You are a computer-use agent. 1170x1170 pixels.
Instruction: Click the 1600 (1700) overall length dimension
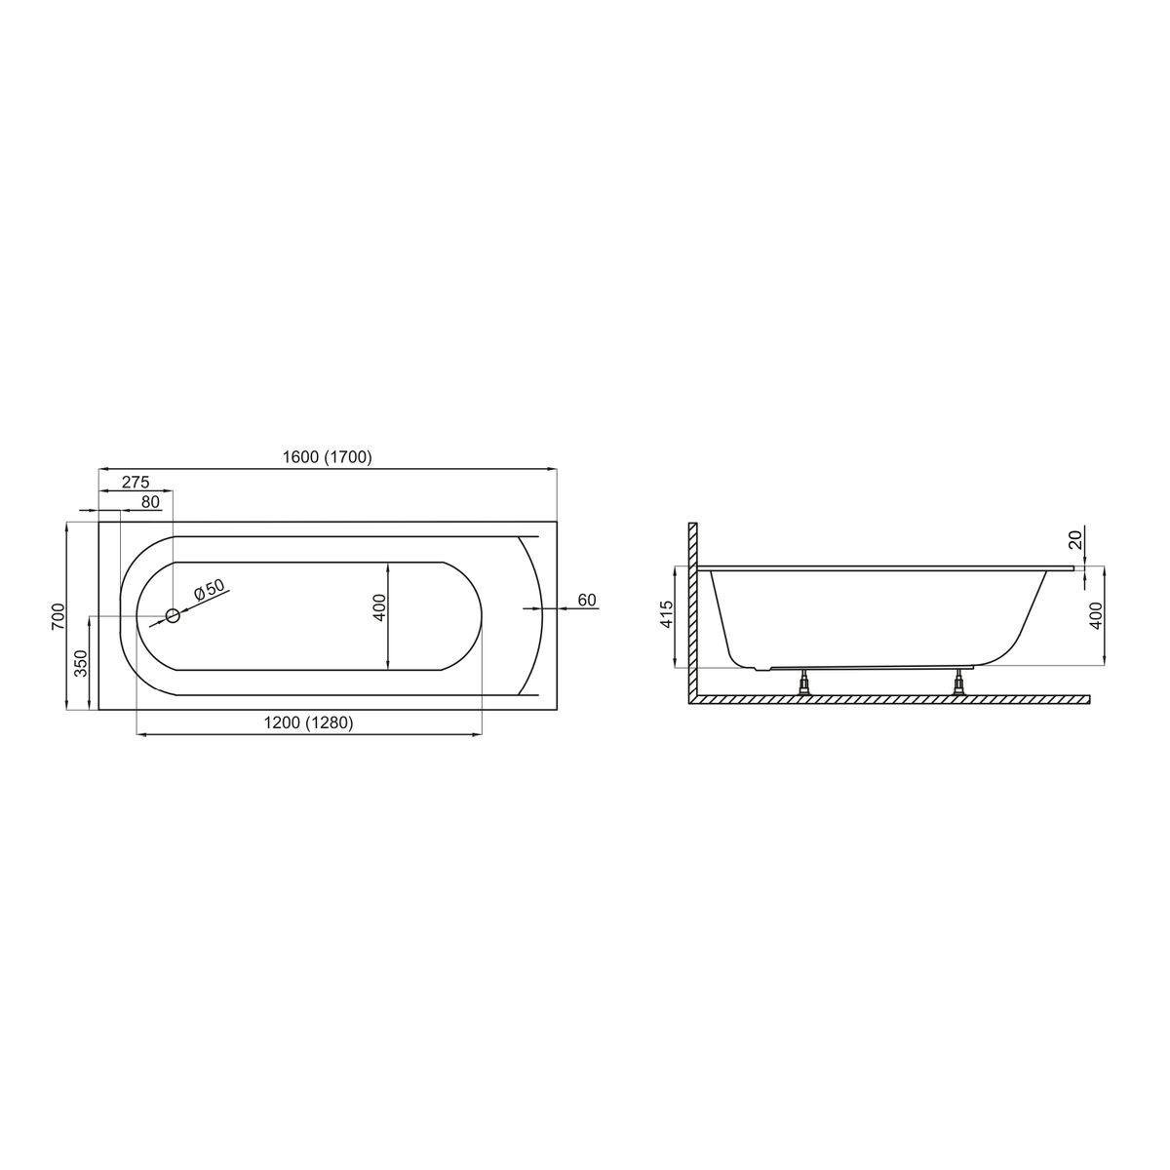(327, 457)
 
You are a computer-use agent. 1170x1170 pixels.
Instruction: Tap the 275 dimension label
(135, 482)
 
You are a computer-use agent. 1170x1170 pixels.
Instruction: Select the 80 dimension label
(150, 502)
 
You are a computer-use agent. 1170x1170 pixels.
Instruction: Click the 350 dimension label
(81, 663)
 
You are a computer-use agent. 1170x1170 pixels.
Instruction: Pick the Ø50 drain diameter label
(210, 590)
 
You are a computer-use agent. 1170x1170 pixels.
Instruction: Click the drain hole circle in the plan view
(173, 616)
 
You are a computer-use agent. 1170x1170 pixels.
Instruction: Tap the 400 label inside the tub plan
(379, 607)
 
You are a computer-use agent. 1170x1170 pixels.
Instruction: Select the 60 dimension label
(587, 600)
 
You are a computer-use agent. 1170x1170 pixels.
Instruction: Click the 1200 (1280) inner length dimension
(308, 722)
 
